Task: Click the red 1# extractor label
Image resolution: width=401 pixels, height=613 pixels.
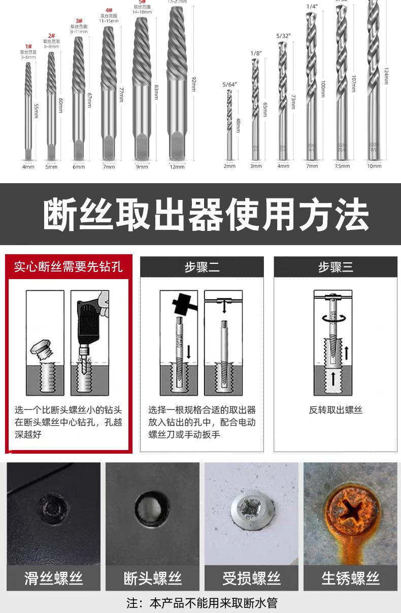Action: pyautogui.click(x=28, y=47)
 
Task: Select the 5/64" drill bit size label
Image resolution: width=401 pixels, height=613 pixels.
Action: pyautogui.click(x=229, y=84)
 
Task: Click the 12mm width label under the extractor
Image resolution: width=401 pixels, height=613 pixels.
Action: pyautogui.click(x=177, y=166)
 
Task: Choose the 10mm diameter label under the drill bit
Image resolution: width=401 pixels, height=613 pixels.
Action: pyautogui.click(x=374, y=166)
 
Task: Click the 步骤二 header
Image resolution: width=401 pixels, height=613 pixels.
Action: pyautogui.click(x=202, y=267)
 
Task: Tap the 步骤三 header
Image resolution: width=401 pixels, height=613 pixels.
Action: pyautogui.click(x=336, y=267)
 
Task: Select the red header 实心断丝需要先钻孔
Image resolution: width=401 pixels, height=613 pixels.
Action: pyautogui.click(x=69, y=266)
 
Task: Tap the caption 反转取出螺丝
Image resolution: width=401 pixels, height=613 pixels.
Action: pyautogui.click(x=336, y=410)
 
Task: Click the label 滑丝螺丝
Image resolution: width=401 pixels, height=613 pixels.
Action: pyautogui.click(x=53, y=578)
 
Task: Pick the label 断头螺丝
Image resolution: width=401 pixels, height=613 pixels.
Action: pyautogui.click(x=152, y=578)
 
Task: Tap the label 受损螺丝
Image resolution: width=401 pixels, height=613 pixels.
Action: pyautogui.click(x=251, y=578)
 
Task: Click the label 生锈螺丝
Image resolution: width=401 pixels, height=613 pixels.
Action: pyautogui.click(x=350, y=578)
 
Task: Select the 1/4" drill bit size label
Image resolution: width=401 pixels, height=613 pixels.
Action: pyautogui.click(x=312, y=7)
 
